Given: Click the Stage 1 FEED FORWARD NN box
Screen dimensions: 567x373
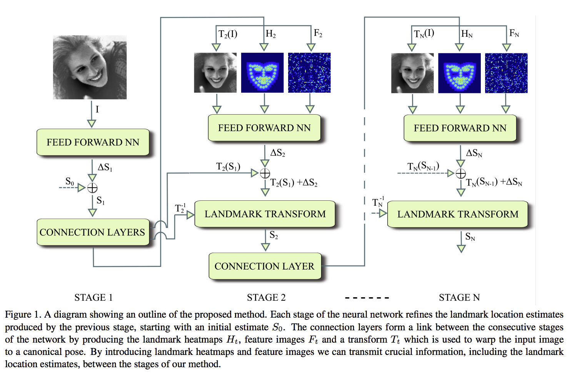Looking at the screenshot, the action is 93,142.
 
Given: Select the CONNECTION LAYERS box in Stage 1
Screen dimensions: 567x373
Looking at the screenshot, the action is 93,232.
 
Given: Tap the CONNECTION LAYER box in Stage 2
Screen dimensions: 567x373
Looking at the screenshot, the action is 265,266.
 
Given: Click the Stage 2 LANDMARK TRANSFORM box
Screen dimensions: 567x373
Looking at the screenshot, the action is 265,214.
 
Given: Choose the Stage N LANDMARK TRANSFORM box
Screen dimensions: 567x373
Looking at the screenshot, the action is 458,214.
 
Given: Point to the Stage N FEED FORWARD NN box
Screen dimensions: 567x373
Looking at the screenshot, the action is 460,128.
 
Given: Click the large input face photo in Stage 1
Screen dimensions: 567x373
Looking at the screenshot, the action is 90,67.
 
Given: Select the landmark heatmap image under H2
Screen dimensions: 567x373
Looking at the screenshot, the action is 262,73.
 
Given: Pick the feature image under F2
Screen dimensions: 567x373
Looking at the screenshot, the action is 309,73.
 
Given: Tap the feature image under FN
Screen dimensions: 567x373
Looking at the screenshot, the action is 506,73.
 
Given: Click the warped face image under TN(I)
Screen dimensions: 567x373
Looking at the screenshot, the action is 412,73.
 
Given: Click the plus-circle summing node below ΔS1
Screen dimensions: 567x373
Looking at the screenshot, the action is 92,188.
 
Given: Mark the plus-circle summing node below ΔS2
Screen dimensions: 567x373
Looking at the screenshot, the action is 265,173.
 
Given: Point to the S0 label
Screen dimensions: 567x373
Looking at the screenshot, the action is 70,182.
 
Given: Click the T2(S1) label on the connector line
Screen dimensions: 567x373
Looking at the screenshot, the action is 228,167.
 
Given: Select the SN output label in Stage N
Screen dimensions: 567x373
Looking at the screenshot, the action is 470,236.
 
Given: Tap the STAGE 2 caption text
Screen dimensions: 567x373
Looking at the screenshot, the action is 266,297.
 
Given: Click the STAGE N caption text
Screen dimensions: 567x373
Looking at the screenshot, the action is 459,297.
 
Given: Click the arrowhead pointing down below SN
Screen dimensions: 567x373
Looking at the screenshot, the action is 461,249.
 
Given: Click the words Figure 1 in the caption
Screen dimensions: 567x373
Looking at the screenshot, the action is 22,315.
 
